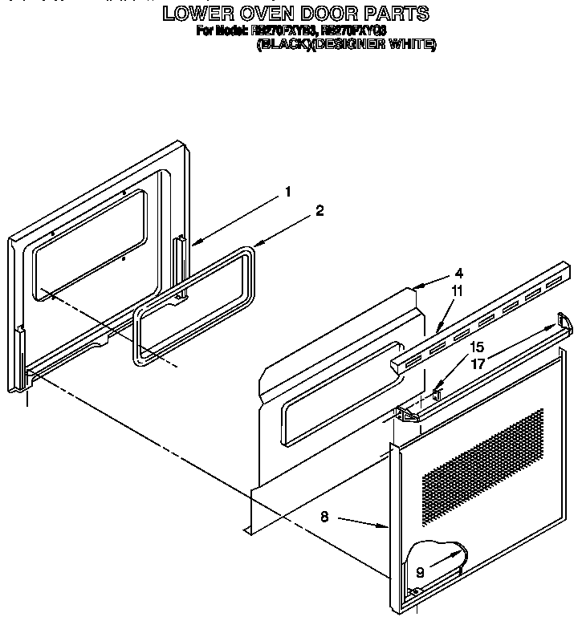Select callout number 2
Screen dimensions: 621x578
pos(320,211)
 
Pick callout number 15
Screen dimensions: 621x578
pos(477,348)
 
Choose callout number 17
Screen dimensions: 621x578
pos(477,363)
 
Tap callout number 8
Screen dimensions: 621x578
pos(324,517)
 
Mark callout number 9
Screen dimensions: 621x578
pos(419,573)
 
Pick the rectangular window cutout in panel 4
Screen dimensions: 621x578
pos(337,393)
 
